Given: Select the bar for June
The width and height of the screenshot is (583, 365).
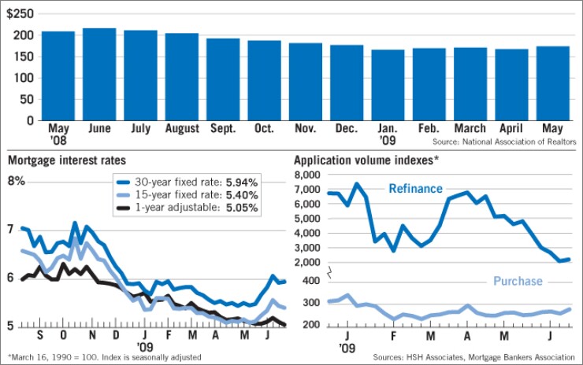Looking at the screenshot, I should [99, 75].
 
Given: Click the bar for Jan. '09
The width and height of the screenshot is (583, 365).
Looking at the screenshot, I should [388, 86].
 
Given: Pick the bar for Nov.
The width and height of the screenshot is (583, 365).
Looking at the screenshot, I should [305, 82].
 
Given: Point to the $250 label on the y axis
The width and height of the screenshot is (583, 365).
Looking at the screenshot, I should [22, 14].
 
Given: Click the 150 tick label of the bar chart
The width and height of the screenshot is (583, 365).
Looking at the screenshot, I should [24, 57].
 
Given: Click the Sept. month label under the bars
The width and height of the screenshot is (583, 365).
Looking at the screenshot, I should [223, 128].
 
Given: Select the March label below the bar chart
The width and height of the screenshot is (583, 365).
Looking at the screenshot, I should [470, 128].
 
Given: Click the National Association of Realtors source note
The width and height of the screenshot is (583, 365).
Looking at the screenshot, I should [499, 142].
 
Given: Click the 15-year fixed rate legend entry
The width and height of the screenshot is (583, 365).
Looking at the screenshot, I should [186, 195].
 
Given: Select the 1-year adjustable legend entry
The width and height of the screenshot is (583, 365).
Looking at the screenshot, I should [186, 208].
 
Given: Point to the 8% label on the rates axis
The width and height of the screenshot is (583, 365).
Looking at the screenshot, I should [17, 182].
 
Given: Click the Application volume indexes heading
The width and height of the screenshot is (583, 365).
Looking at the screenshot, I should [366, 160].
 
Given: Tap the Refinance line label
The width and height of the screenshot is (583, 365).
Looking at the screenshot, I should [414, 189].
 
